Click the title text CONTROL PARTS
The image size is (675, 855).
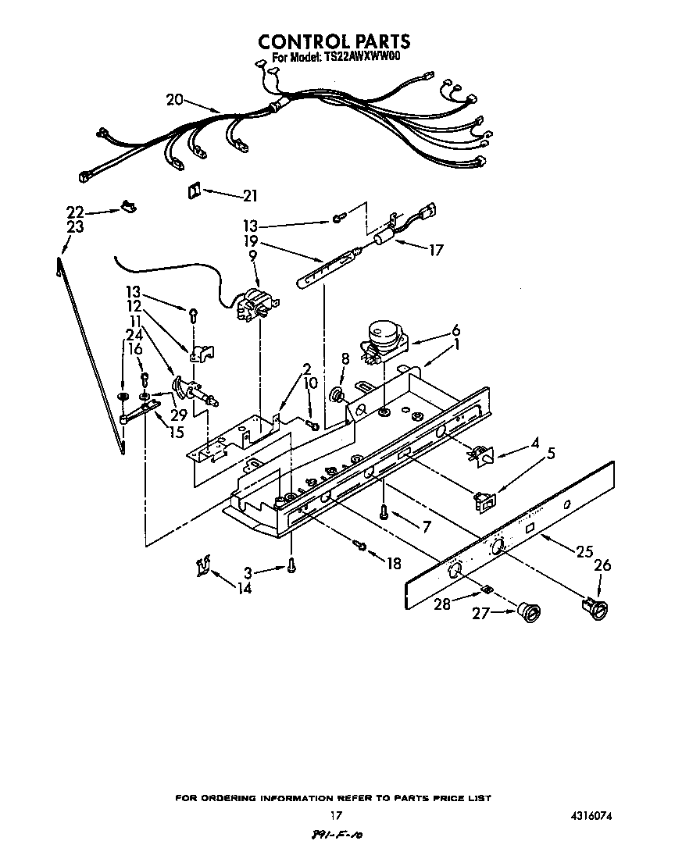click(x=334, y=41)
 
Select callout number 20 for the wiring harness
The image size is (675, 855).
click(x=174, y=99)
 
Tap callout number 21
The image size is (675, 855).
click(x=250, y=195)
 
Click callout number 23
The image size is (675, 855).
click(x=75, y=227)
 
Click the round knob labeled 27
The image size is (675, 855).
click(x=529, y=614)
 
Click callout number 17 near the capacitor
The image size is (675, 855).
click(x=436, y=251)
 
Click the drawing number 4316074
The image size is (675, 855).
click(x=585, y=815)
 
